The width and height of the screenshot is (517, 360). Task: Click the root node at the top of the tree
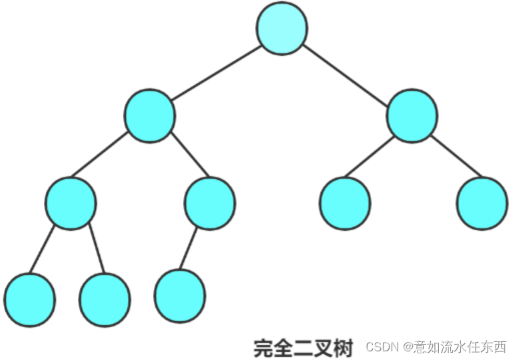coord(282,29)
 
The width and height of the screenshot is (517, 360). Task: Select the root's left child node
coord(149,115)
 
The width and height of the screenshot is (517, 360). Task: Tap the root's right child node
coord(412,115)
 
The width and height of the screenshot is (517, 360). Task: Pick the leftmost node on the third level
coord(71,203)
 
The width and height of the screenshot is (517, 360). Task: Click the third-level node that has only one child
coord(209,203)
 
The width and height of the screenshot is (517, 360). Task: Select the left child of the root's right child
coord(345,204)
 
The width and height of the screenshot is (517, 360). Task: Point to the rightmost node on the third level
coord(482,203)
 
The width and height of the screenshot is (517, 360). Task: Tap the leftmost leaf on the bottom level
coord(29,299)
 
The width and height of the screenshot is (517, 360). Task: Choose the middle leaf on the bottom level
coord(105,300)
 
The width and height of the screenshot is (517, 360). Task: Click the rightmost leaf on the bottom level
coord(180,295)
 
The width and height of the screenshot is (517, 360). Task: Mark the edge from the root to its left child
coord(215,72)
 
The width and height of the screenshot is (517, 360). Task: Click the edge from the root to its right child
coord(347,72)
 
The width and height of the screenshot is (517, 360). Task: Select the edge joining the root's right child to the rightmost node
coord(457,157)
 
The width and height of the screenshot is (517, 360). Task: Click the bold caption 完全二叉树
coord(303,347)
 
